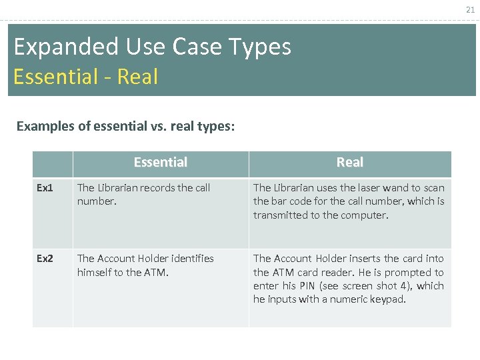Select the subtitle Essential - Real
point(85,77)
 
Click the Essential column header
point(161,162)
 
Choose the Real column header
point(349,162)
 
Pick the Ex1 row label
point(45,188)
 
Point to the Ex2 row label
point(45,258)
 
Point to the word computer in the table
point(364,215)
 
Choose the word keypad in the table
point(388,299)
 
